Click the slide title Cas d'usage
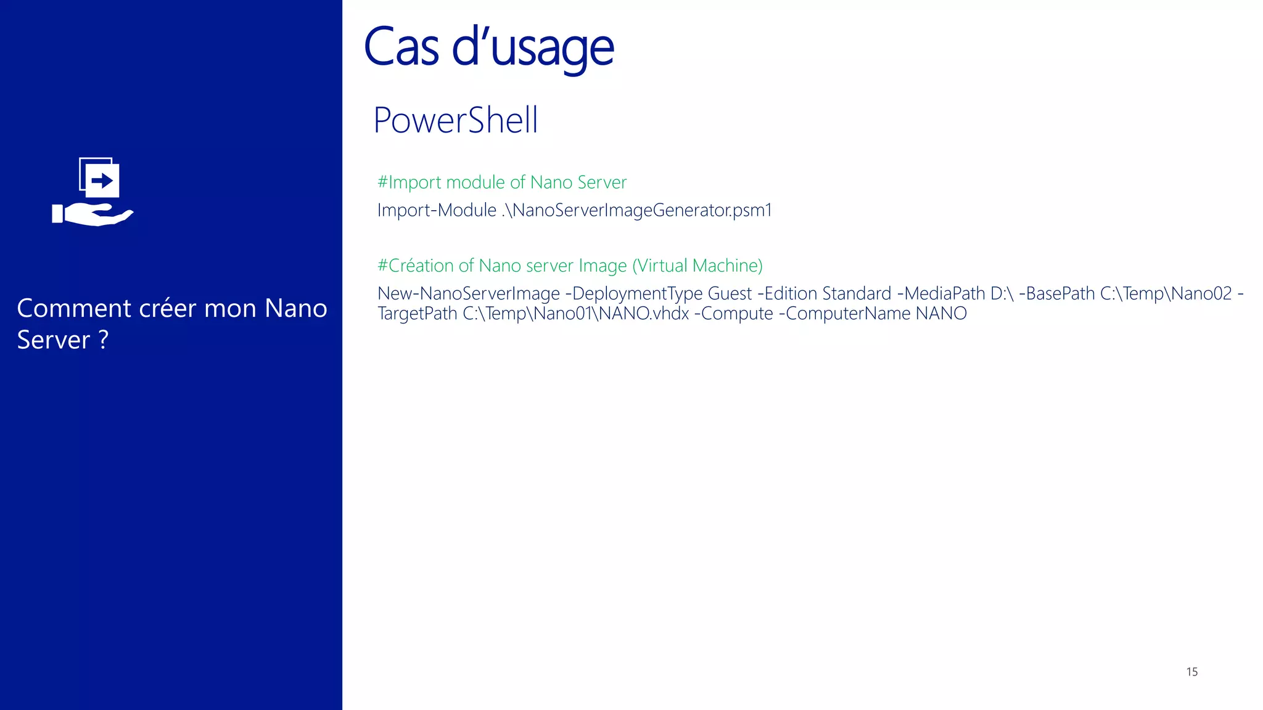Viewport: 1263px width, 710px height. [x=488, y=48]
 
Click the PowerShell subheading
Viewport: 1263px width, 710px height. [x=456, y=120]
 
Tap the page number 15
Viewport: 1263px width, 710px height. [x=1191, y=672]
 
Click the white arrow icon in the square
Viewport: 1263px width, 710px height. [x=102, y=181]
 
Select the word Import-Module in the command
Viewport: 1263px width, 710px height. [x=437, y=210]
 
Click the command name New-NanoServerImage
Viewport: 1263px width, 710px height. [x=469, y=293]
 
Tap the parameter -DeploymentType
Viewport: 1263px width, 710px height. [x=634, y=293]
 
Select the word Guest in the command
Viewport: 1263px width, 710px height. [x=730, y=293]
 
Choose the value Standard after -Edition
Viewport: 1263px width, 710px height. [x=857, y=293]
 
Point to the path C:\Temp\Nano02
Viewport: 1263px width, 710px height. [x=1166, y=293]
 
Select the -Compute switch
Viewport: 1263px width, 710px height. [x=733, y=314]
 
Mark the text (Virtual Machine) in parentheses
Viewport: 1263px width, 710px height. [x=697, y=266]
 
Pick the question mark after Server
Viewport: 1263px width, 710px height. [x=104, y=340]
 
